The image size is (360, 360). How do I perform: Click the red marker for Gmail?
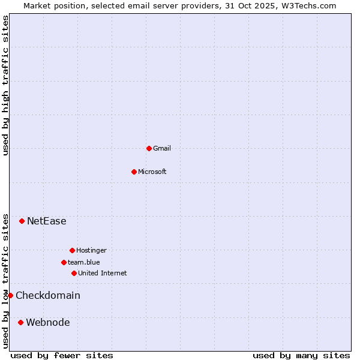(149, 148)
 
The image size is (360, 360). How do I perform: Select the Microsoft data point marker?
(134, 172)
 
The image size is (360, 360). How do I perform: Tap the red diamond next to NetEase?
(22, 221)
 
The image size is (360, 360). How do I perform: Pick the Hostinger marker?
(72, 250)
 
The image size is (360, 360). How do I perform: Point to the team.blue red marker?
(64, 262)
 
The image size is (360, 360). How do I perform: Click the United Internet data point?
(74, 273)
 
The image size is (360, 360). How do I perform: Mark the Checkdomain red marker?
(10, 295)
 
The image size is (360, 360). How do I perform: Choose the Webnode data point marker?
(21, 322)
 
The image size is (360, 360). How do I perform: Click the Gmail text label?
(162, 148)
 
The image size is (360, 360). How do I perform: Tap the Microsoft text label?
(152, 172)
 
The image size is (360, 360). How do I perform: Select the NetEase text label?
(47, 221)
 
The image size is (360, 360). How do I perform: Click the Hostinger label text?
(91, 250)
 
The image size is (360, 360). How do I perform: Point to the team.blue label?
(84, 262)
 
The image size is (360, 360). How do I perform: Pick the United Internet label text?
(103, 273)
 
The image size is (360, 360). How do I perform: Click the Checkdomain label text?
(48, 295)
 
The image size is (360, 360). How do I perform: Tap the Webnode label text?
(48, 322)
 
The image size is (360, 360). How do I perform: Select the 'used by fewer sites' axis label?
(62, 355)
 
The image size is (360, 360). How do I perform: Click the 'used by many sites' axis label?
(301, 355)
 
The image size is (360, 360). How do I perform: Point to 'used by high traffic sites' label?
(5, 85)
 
